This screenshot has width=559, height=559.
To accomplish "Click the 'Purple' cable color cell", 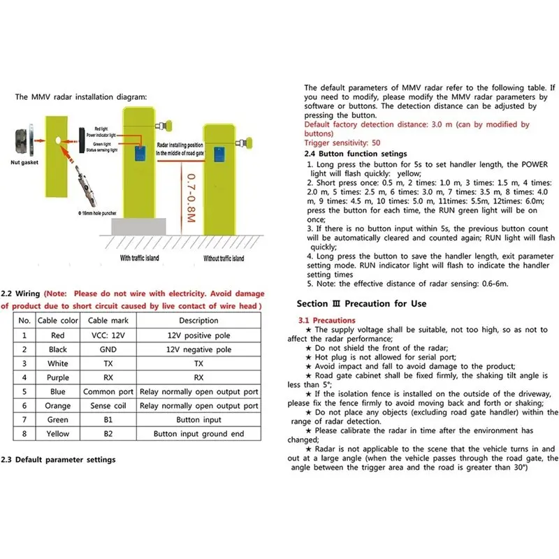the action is coord(58,377).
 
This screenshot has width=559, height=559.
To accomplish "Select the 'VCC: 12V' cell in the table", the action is coord(108,335).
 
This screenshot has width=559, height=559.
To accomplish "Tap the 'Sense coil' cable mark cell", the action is coord(108,406).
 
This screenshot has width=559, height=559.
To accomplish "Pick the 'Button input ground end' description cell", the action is coord(198,434).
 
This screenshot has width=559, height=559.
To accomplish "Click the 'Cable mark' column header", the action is coord(108,321).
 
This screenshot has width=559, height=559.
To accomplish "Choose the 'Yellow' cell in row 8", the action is coord(58,434).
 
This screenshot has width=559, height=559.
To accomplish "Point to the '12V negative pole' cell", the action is coord(198,349).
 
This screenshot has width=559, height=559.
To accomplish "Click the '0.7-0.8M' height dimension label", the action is coord(191,198).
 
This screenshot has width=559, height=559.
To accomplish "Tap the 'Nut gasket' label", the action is coord(24,162).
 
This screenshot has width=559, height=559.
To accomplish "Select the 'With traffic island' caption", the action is coord(139,258).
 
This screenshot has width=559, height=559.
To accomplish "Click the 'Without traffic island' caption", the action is coord(224,258).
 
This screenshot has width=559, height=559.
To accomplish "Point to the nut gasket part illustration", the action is coord(24,140).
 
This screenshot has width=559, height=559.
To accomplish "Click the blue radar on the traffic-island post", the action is coord(140,153).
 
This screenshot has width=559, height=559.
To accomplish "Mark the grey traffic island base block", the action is coord(138,226).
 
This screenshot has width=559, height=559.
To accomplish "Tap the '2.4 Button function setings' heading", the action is coord(356,154).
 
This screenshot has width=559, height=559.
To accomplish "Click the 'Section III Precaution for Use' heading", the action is coord(361,304).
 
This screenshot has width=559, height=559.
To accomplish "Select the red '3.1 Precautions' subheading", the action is coord(327,320).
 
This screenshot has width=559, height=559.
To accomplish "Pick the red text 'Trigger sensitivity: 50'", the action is coord(342,143).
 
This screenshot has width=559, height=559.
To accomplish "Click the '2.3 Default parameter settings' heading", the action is coord(58,460).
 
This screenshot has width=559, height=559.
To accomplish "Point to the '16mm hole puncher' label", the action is coord(97,213).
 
